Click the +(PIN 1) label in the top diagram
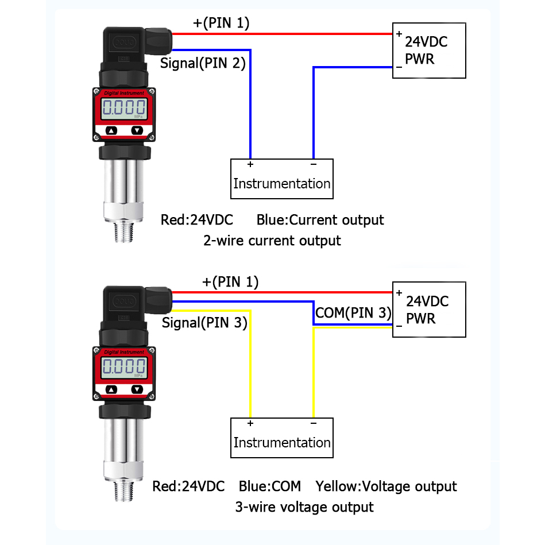pos(221,23)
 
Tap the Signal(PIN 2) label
pos(203,63)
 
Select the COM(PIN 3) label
pos(353,313)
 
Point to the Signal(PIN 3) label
pos(204,323)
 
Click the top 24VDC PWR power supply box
pos(428,51)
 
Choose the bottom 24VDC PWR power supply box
pos(428,310)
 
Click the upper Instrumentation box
pos(281,179)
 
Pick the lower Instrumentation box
pos(281,438)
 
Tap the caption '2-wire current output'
pos(272,240)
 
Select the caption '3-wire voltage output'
pos(304,507)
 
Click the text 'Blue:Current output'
pos(320,220)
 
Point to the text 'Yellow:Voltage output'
pos(386,486)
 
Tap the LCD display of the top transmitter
pos(123,107)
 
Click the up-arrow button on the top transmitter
pos(111,130)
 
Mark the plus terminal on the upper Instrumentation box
pos(250,165)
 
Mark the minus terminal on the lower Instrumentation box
pos(313,424)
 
